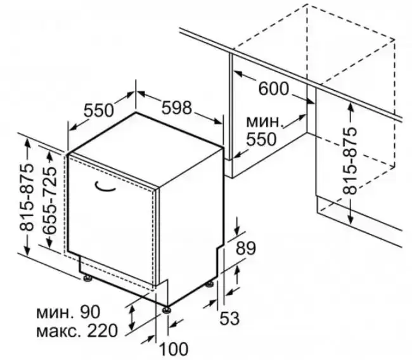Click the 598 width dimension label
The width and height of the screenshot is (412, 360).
coord(177,108)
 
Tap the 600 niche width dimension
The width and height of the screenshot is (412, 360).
coord(274,89)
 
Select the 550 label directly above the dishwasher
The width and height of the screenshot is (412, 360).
coord(99,110)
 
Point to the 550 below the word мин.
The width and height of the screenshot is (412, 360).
coord(261,139)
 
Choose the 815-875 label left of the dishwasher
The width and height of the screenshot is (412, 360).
coord(27,197)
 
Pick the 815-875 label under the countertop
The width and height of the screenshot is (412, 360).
coord(350,161)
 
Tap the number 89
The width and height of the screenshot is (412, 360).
coord(245,248)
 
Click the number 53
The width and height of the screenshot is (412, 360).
coord(229,318)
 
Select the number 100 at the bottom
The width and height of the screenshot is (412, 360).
coord(174,349)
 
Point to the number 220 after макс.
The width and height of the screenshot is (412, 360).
coord(102,331)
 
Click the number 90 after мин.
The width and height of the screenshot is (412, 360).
coord(90,312)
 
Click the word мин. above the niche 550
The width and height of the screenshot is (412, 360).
coord(265,122)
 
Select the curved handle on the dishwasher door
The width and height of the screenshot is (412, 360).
coord(105,186)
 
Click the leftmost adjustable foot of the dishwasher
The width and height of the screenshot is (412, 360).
coord(87,278)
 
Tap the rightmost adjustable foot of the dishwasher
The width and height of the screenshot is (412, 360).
coord(210,284)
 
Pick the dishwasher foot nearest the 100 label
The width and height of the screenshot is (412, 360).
coord(167,310)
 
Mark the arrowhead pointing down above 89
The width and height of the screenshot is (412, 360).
coord(237,231)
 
